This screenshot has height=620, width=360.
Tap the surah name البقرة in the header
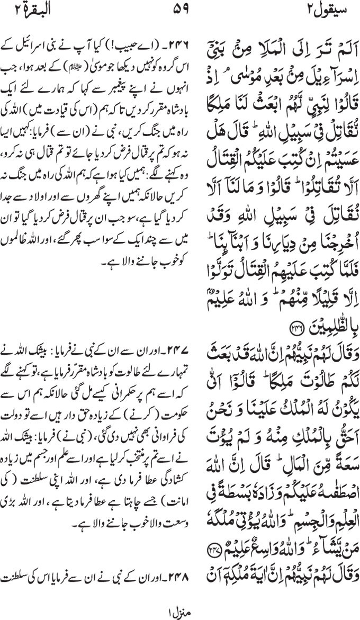coord(29,10)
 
